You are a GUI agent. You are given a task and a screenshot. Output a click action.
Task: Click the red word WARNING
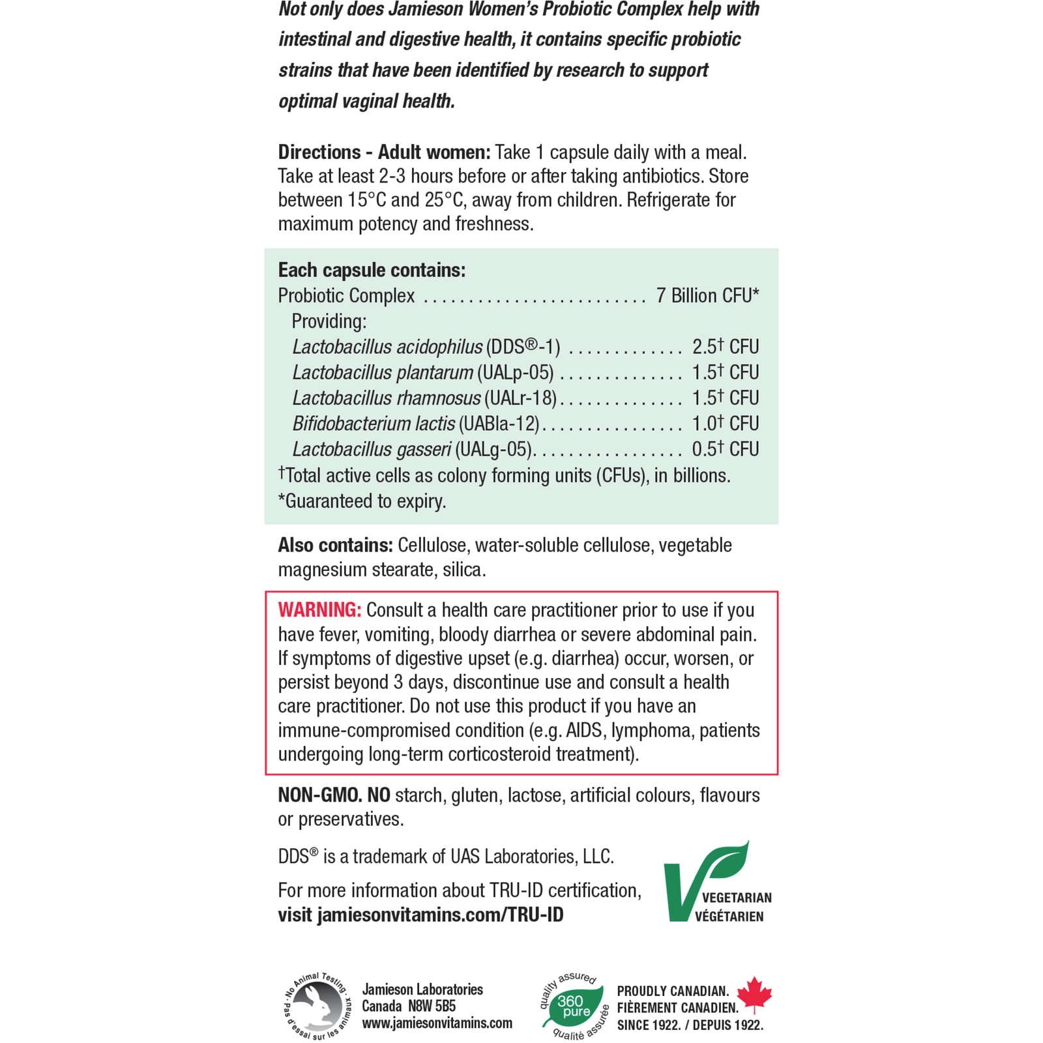(x=319, y=610)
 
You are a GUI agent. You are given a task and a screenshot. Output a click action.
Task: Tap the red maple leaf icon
(x=754, y=995)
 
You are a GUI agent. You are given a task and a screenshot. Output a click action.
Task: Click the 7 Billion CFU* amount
(x=707, y=296)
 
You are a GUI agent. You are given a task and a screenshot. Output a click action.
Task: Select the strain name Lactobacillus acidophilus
(x=387, y=347)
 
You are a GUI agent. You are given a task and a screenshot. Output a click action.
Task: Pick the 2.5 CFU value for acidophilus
(x=725, y=347)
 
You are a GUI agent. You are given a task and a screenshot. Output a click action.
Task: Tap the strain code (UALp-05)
(x=515, y=372)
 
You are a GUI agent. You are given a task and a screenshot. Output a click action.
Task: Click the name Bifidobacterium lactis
(x=374, y=424)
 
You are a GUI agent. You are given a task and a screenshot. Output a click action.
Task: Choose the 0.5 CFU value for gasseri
(x=725, y=449)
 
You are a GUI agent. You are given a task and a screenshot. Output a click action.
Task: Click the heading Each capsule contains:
(x=372, y=270)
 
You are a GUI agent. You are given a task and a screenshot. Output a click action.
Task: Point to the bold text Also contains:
(x=335, y=545)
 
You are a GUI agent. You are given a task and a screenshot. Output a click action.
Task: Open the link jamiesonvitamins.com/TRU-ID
(x=440, y=915)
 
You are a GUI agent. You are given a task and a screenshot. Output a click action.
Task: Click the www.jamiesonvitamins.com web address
(x=437, y=1023)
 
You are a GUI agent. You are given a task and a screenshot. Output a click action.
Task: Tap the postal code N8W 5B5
(x=432, y=1006)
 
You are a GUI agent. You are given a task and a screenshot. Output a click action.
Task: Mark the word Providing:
(x=329, y=321)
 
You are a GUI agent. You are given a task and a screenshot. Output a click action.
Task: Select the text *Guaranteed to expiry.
(x=362, y=501)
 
